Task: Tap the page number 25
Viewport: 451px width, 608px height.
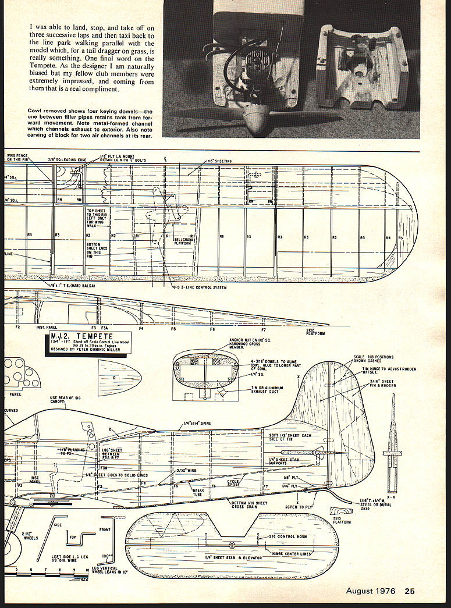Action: pos(410,591)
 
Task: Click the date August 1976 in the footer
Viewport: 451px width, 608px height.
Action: pos(371,591)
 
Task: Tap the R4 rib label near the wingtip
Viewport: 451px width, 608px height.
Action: pos(388,237)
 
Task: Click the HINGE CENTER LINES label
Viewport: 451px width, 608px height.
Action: pos(289,553)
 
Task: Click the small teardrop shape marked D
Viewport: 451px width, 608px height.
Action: pos(119,378)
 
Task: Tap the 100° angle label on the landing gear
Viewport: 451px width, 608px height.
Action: pos(106,556)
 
